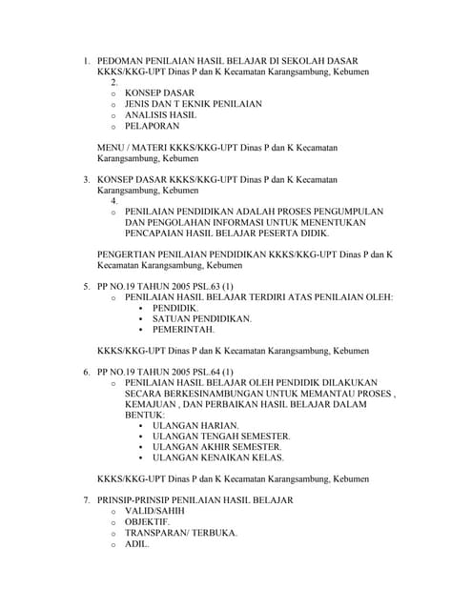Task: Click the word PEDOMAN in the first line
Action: tap(122, 60)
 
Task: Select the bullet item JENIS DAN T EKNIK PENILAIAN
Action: tap(193, 104)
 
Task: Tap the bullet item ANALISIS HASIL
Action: tap(160, 114)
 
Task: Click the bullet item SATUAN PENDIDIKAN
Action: tap(202, 318)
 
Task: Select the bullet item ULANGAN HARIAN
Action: tap(195, 425)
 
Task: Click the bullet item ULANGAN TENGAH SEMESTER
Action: tap(221, 436)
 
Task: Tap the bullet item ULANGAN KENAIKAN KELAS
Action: tap(218, 457)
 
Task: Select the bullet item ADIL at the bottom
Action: tap(136, 544)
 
